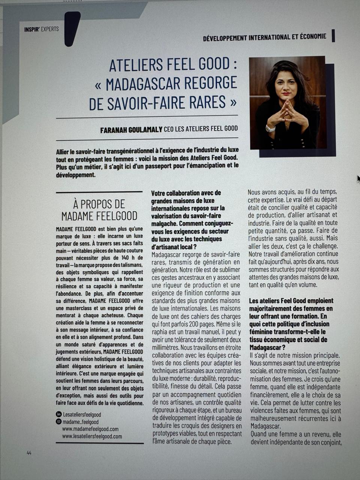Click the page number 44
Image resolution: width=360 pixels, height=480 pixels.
coord(29,453)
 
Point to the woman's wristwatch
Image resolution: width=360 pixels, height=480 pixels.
coord(270,129)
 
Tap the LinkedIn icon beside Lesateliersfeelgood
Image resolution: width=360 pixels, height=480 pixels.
coord(58,414)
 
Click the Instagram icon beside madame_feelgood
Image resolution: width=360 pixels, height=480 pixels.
coord(58,421)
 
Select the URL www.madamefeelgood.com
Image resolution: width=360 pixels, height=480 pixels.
coord(90,429)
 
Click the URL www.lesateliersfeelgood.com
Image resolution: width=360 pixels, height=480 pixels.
coord(92,436)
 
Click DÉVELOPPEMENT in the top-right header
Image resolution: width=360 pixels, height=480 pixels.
coord(225,37)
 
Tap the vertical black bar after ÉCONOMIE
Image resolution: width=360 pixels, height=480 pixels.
coord(333,36)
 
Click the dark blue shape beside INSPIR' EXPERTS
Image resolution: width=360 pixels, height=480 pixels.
coord(72,28)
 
